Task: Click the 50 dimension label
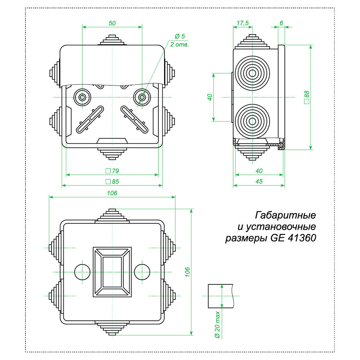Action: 112,23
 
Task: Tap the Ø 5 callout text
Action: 180,36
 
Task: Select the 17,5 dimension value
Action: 243,23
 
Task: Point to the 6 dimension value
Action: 281,23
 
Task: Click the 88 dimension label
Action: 307,97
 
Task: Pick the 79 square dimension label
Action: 112,171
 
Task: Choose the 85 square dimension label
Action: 112,181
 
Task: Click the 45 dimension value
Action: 259,181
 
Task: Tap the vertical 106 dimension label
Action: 188,272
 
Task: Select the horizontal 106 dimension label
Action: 112,193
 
